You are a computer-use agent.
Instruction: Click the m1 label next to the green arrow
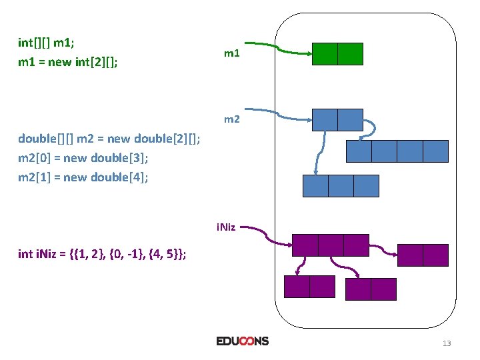[x=231, y=53]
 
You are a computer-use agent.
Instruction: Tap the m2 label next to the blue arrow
[x=232, y=119]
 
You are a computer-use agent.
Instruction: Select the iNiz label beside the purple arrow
[x=225, y=227]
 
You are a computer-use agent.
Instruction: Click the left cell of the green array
[x=325, y=53]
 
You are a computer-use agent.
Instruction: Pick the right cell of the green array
[x=350, y=53]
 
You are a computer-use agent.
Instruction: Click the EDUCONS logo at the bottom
[x=242, y=341]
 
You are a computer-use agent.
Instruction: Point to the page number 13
[x=446, y=343]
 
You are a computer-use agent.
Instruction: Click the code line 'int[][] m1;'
[x=46, y=43]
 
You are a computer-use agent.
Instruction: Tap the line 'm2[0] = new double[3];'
[x=83, y=158]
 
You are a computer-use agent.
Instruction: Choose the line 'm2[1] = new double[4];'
[x=83, y=177]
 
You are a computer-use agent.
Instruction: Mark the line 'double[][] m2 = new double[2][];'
[x=109, y=139]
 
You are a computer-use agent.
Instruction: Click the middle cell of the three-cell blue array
[x=341, y=185]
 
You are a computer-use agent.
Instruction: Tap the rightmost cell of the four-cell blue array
[x=435, y=151]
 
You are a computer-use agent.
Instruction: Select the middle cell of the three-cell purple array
[x=331, y=245]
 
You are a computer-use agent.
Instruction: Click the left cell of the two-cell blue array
[x=325, y=119]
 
